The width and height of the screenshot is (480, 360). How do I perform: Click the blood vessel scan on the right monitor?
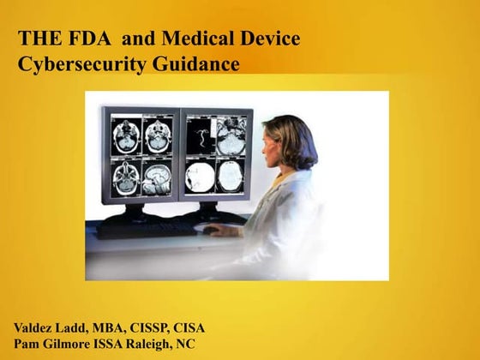tap(203, 135)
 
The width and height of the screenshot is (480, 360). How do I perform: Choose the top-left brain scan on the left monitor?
tap(125, 135)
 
